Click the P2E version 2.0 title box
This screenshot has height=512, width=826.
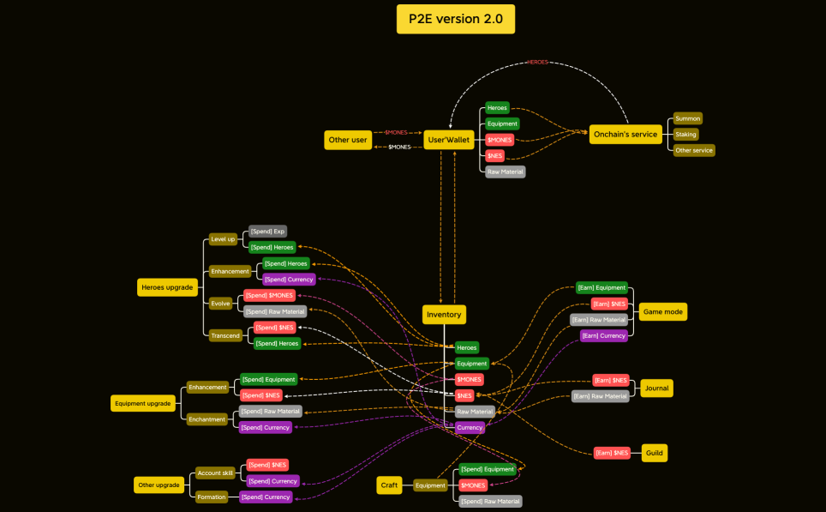pos(455,19)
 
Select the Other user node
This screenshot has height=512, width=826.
pos(347,140)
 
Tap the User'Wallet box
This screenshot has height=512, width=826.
pos(450,140)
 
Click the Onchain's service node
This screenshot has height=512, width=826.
pos(625,134)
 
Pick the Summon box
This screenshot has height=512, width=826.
pos(687,118)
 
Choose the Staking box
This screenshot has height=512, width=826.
pos(685,135)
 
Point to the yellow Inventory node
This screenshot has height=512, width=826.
pos(444,315)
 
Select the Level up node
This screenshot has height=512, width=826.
pos(223,239)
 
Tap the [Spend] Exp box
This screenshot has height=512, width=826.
pos(267,232)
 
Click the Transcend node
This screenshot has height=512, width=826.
pos(224,336)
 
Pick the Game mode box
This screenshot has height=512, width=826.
pos(662,312)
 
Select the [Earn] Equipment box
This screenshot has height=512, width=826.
pos(601,288)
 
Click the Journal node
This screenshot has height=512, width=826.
pos(655,388)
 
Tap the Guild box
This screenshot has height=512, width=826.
pos(654,453)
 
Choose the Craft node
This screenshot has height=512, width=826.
pos(389,485)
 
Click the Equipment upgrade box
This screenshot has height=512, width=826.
pos(142,403)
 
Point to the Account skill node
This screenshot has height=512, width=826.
pos(215,473)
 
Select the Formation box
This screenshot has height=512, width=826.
pos(211,497)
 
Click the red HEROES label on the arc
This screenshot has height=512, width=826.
pos(537,63)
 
